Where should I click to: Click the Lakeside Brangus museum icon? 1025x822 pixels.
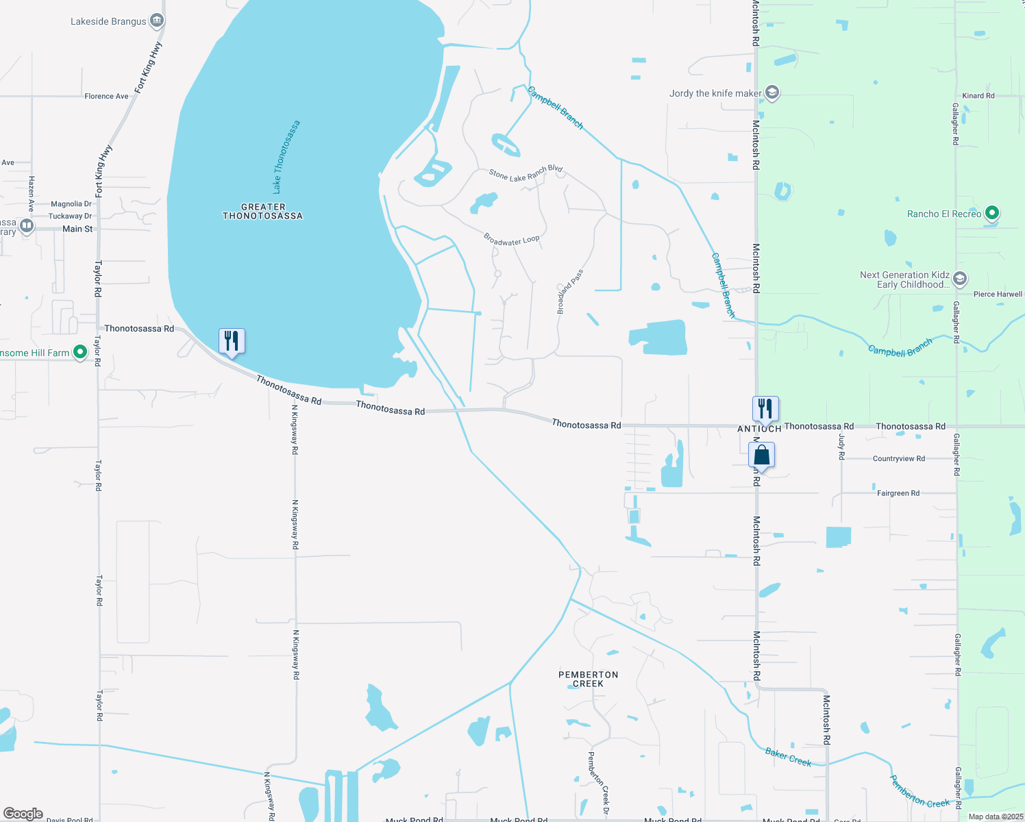pos(157,21)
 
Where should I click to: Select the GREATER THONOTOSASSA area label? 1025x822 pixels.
pos(263,211)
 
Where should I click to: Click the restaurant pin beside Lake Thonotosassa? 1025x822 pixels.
pos(232,341)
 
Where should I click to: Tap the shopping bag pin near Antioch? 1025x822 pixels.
pos(761,455)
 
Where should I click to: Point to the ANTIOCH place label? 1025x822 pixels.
pos(759,429)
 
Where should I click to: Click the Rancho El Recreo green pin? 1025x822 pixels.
pos(991,214)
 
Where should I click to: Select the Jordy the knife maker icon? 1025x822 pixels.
pos(772,93)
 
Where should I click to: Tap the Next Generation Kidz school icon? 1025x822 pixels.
pos(960,279)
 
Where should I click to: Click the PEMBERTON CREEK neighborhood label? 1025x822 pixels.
pos(589,679)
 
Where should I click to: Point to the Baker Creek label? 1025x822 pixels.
pos(788,757)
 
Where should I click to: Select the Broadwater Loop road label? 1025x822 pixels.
pos(512,240)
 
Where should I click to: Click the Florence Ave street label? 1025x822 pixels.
pos(106,97)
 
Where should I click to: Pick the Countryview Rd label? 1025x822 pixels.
pos(898,459)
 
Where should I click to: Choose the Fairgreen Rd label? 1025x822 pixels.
pos(898,493)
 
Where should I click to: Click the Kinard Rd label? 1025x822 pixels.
pos(978,96)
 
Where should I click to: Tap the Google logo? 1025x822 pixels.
pos(23,814)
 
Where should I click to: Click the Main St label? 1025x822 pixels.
pos(77,229)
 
